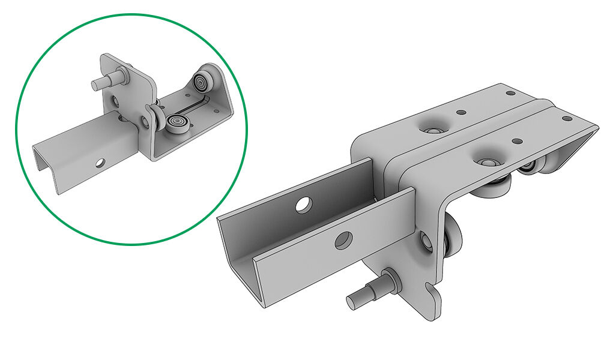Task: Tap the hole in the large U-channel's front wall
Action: (343, 240)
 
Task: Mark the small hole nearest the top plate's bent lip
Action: (566, 119)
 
